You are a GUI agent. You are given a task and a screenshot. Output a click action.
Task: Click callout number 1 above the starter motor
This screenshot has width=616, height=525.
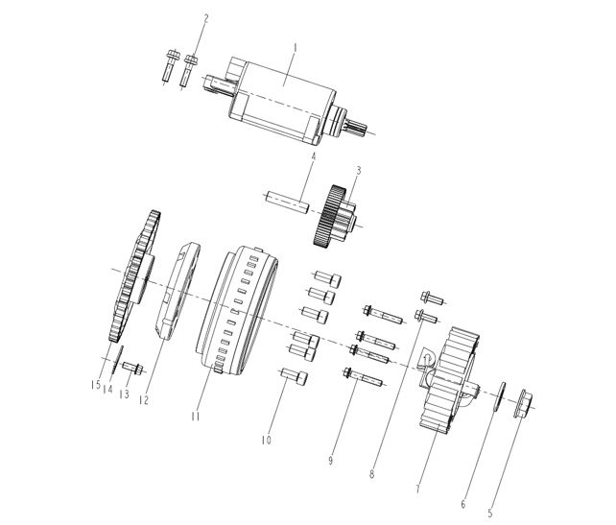[x=296, y=44]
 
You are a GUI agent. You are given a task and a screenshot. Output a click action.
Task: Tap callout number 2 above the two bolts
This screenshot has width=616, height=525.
[x=203, y=18]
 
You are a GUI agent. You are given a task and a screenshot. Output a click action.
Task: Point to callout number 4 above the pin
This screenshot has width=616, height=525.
[x=312, y=155]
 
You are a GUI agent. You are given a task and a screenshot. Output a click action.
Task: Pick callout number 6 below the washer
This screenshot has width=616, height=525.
[x=463, y=503]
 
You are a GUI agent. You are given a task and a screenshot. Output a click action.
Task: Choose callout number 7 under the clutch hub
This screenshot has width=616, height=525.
[x=418, y=489]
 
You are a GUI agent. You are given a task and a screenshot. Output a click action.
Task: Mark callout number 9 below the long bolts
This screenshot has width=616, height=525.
[x=331, y=461]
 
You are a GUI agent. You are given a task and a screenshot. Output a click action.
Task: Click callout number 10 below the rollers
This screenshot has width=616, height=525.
[x=268, y=441]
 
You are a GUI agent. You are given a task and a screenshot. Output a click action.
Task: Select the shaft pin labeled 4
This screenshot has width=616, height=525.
[x=286, y=203]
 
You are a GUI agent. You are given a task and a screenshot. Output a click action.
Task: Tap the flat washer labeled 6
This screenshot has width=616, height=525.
[x=499, y=396]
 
